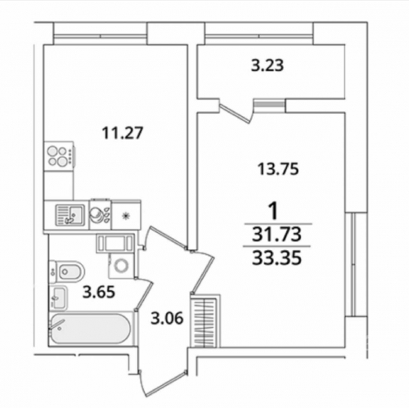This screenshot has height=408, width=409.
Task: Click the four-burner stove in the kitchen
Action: (60, 155)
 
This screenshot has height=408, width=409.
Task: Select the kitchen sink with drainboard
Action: (70, 215)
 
